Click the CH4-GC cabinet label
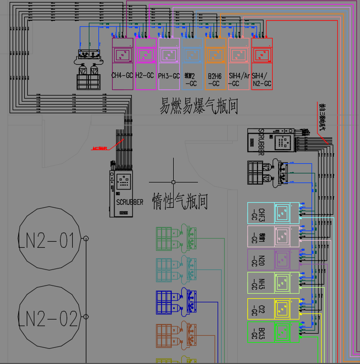[122, 75]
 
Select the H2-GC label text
[145, 75]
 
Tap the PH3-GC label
[169, 76]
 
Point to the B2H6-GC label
[215, 79]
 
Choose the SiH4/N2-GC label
[262, 79]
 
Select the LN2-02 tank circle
[49, 318]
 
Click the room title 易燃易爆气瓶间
[199, 107]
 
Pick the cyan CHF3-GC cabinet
[273, 215]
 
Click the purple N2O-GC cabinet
[273, 260]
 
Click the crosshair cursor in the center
[173, 181]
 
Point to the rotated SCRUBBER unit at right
[270, 140]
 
